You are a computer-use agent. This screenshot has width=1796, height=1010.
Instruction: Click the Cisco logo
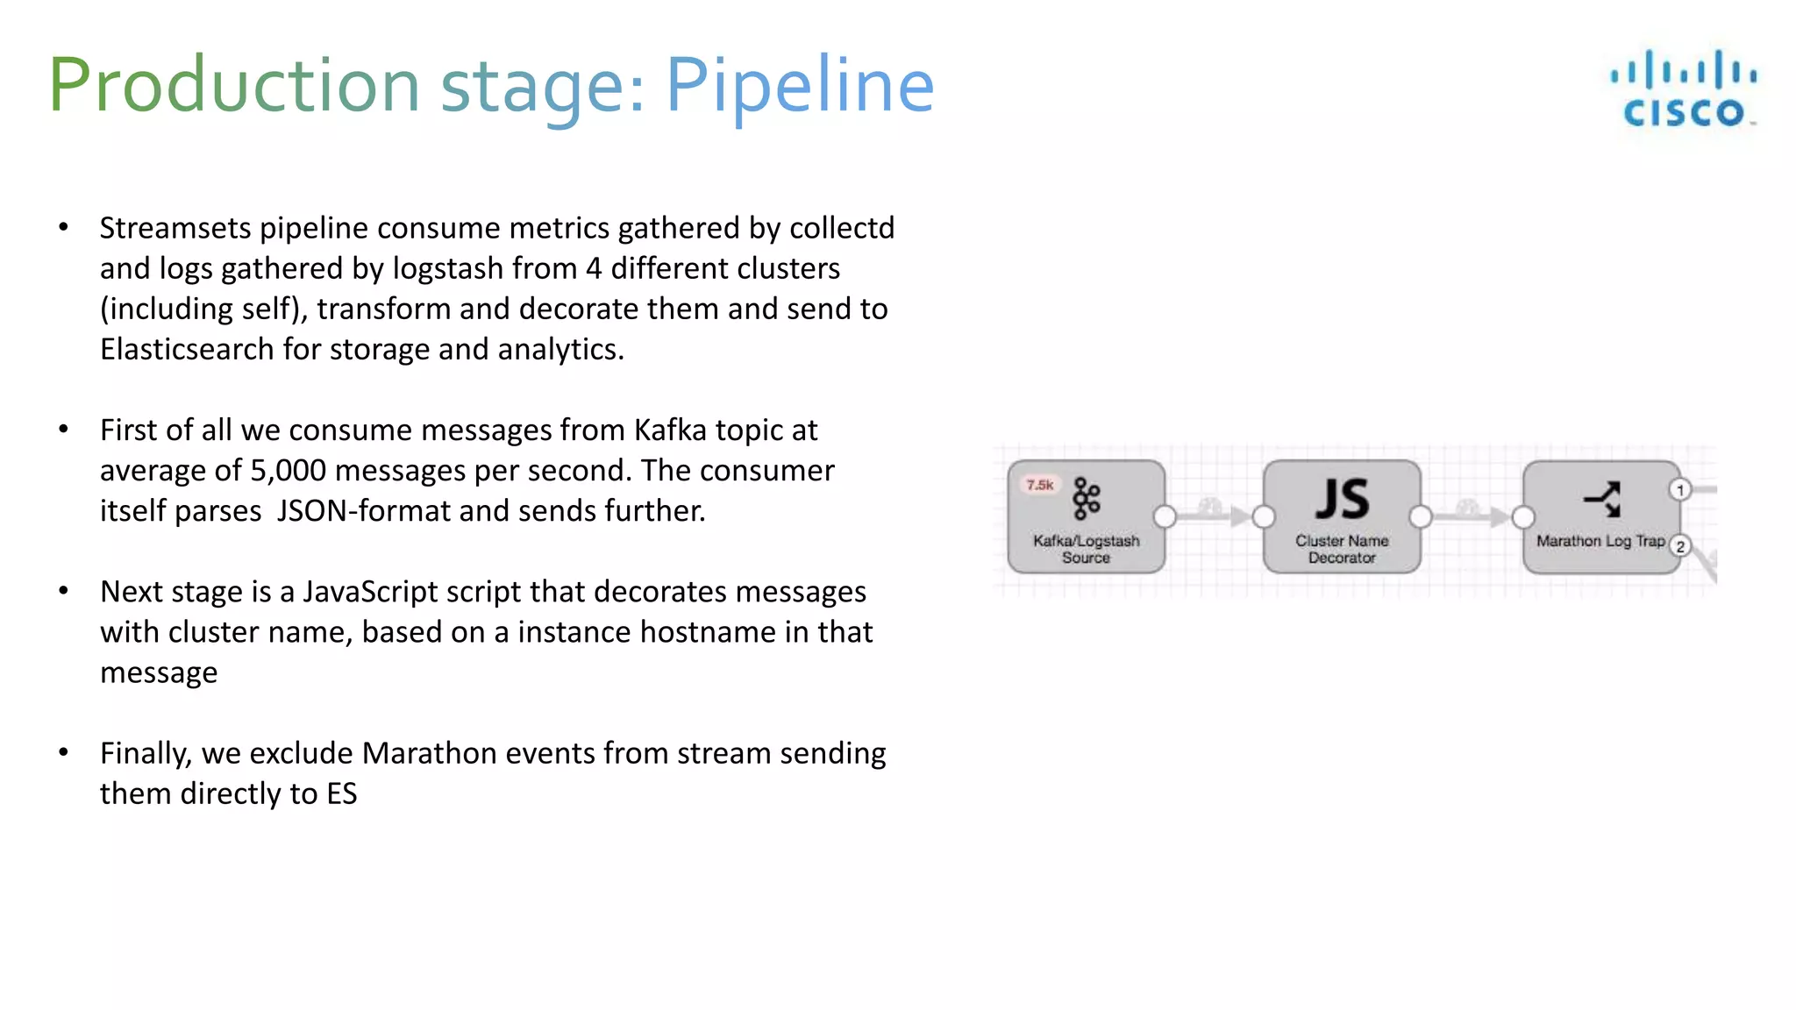(1683, 89)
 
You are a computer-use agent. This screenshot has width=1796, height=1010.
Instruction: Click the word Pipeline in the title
(800, 85)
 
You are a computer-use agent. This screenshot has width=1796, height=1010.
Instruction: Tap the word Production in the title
(234, 85)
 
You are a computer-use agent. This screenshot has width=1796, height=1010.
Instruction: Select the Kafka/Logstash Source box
(1086, 517)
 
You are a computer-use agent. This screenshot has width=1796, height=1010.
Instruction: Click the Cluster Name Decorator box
(1342, 517)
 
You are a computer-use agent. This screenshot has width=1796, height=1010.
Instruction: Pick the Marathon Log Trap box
(1600, 517)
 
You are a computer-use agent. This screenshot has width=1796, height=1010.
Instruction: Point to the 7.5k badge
(1040, 485)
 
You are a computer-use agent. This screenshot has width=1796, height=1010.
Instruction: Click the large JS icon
(1342, 499)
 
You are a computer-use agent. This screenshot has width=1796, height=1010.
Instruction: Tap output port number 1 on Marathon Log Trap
(1680, 489)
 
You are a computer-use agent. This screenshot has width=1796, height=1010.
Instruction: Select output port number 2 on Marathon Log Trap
(1680, 546)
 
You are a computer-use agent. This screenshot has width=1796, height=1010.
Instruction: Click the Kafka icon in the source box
(1087, 499)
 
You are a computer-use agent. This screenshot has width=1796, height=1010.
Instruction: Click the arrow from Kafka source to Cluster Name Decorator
(1215, 516)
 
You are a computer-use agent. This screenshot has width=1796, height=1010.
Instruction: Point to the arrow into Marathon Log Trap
(1473, 516)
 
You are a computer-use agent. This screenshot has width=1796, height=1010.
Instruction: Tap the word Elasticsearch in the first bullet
(187, 349)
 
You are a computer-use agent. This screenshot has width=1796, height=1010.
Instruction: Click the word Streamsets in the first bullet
(175, 228)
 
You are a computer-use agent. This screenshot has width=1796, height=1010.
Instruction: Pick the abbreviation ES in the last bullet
(342, 793)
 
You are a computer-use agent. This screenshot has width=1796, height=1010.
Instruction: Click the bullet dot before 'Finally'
(63, 752)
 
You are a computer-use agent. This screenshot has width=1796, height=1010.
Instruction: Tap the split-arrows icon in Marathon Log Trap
(1602, 499)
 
